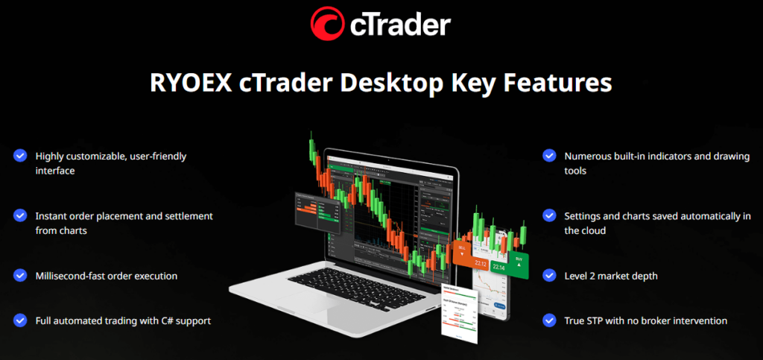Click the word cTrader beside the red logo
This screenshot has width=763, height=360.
pos(399,25)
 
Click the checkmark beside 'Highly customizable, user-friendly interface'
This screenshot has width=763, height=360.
pos(19,156)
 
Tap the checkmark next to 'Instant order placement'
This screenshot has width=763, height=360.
pos(19,215)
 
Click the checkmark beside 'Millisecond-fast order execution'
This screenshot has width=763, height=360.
pos(19,275)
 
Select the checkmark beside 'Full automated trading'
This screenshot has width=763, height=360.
pos(19,320)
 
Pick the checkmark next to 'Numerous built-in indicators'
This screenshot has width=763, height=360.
pos(549,156)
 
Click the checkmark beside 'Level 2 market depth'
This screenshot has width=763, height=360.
pos(549,275)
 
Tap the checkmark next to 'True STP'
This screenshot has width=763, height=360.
pos(549,320)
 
